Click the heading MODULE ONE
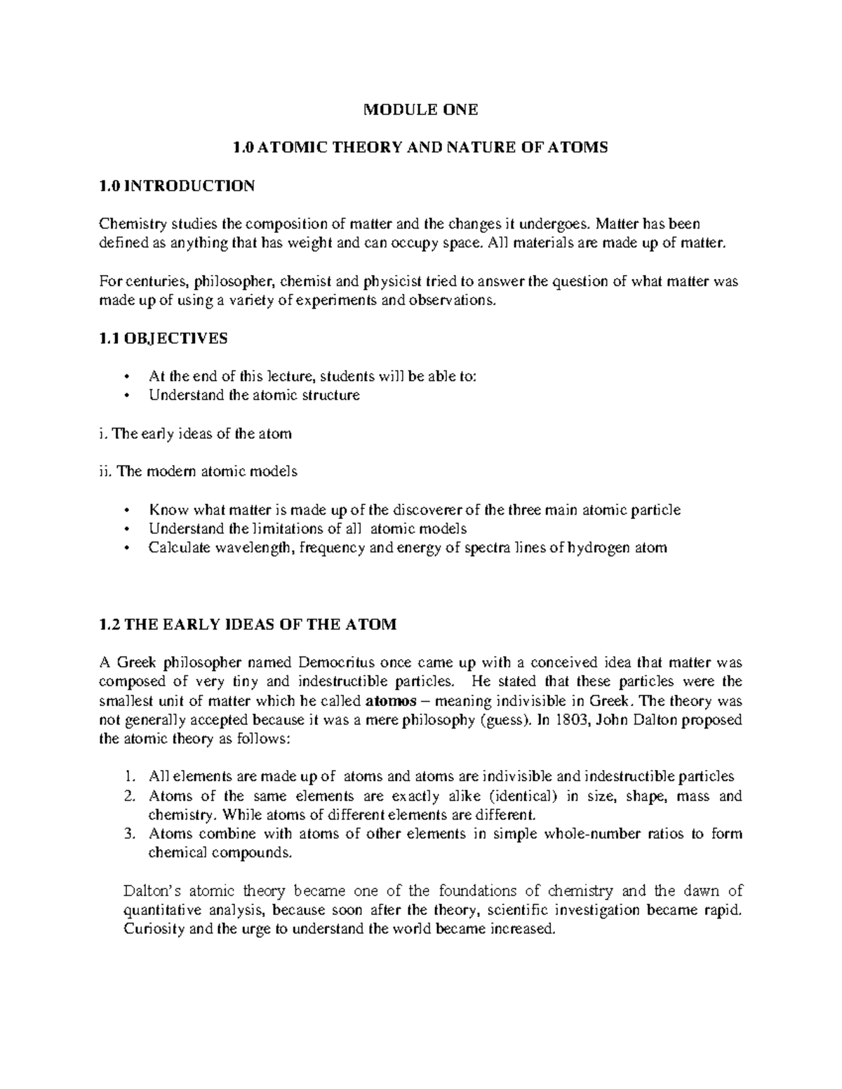420,109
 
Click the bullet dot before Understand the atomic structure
126,395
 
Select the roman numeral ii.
105,471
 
